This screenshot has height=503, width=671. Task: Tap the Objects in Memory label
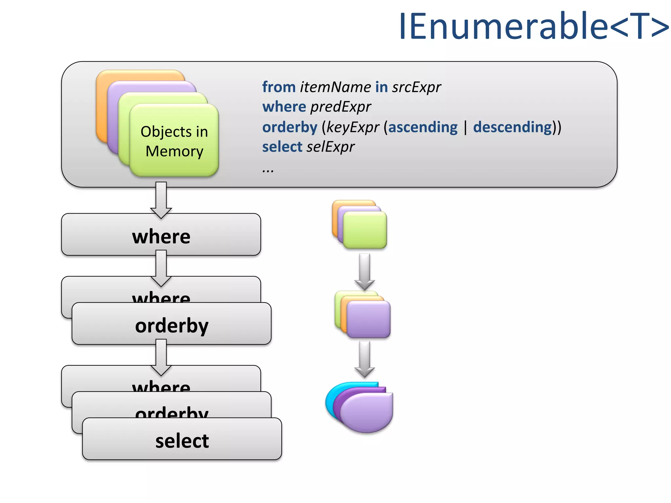pos(174,141)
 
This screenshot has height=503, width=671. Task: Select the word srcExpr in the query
pos(416,87)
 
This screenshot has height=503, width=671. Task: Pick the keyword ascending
pos(423,127)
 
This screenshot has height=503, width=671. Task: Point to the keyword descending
pos(512,127)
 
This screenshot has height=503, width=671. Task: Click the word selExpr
pos(331,147)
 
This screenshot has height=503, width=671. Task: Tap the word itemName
pos(335,87)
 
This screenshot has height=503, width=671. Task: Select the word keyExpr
pos(353,127)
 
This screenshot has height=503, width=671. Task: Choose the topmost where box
pos(161,235)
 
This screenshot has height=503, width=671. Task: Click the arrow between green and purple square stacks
pos(364,270)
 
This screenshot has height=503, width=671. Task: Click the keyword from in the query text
pos(278,87)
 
